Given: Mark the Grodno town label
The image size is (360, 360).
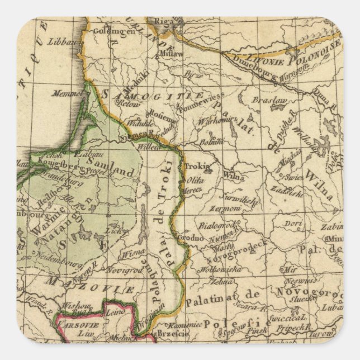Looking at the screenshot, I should [x=192, y=238].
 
